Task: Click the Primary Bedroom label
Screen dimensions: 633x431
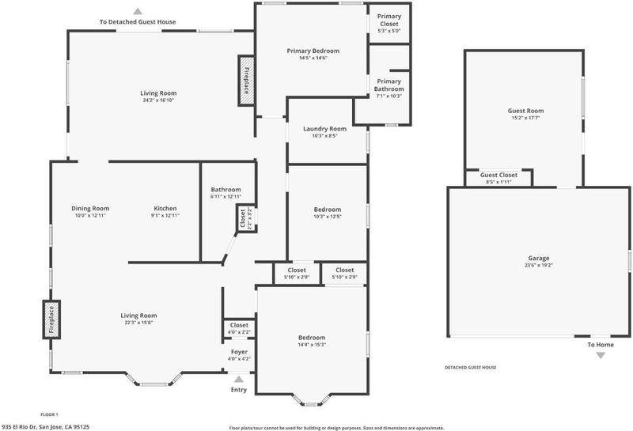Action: coord(313,51)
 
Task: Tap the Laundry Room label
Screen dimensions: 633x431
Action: coord(324,129)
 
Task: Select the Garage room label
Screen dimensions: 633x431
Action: coord(539,259)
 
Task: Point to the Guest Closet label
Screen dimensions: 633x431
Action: coord(498,175)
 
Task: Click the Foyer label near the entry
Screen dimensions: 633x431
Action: coord(239,352)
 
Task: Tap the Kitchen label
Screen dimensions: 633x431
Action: coord(165,208)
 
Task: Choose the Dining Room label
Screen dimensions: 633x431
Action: coord(90,208)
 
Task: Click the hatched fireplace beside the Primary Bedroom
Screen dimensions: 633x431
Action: coord(246,81)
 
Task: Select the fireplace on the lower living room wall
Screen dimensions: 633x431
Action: coord(51,319)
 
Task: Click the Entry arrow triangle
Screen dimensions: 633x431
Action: coord(239,379)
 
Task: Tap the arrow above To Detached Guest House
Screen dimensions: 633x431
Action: coord(138,11)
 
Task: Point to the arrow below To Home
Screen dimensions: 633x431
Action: coord(601,356)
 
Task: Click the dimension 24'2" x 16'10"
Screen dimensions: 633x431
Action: coord(158,100)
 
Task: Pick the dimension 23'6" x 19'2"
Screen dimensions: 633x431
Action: coord(539,265)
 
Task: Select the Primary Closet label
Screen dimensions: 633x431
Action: coord(389,20)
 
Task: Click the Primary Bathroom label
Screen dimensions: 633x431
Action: coord(389,85)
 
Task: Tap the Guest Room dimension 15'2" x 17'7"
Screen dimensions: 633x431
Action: coord(525,118)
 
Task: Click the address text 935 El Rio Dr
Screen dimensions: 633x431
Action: coord(19,426)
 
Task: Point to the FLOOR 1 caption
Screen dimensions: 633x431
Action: coord(49,414)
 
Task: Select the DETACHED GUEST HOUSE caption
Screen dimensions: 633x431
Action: coord(471,367)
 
